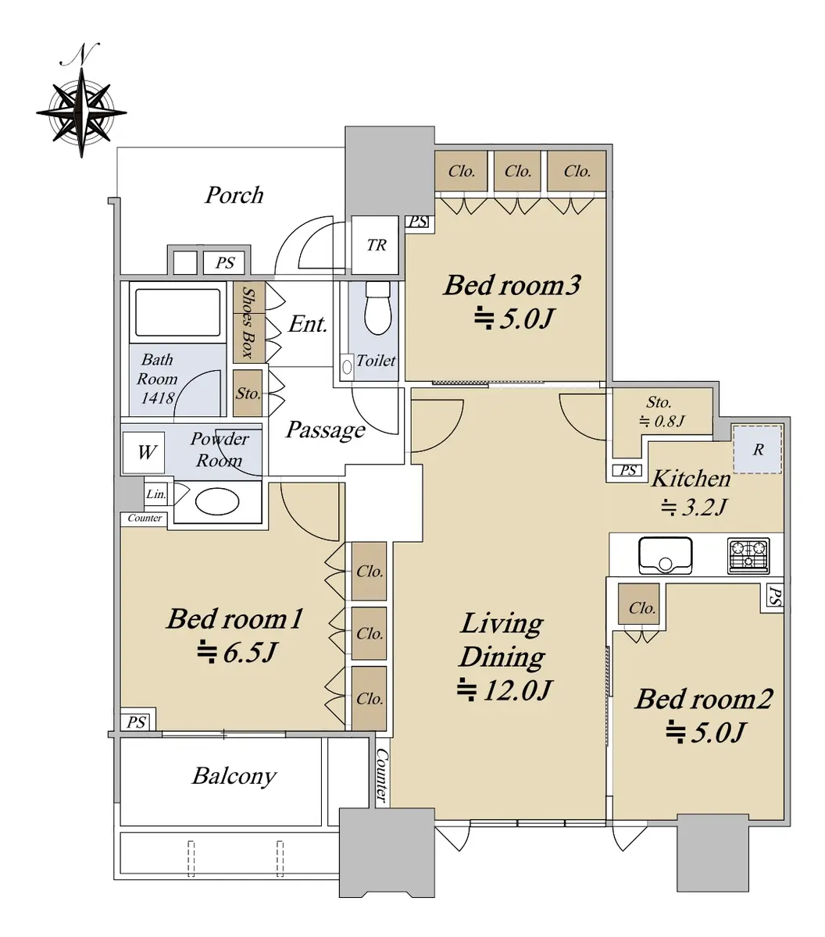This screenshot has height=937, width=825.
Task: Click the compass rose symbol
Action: pyautogui.click(x=81, y=112)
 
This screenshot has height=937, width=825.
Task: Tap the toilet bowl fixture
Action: pyautogui.click(x=378, y=308)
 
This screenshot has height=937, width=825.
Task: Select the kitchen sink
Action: pyautogui.click(x=665, y=555)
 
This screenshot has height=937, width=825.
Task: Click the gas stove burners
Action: pyautogui.click(x=748, y=555)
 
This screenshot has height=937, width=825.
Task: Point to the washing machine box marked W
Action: pyautogui.click(x=144, y=452)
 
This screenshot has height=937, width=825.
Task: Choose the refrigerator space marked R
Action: pyautogui.click(x=758, y=449)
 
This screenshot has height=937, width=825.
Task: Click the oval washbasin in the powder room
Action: pyautogui.click(x=217, y=502)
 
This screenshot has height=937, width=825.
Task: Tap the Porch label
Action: pyautogui.click(x=234, y=194)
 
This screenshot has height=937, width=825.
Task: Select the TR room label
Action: pyautogui.click(x=377, y=244)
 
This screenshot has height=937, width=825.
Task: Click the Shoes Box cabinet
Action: pyautogui.click(x=248, y=322)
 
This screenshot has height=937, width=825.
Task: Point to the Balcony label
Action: pyautogui.click(x=234, y=777)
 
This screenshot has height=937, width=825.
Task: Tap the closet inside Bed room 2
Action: pyautogui.click(x=638, y=604)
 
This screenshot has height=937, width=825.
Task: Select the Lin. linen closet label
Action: pyautogui.click(x=156, y=494)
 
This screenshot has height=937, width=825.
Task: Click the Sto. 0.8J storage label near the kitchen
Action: pyautogui.click(x=661, y=411)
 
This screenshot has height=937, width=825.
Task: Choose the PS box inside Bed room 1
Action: pyautogui.click(x=137, y=722)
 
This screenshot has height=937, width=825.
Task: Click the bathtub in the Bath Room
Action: pyautogui.click(x=177, y=312)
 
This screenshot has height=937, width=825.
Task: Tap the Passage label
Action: pyautogui.click(x=325, y=429)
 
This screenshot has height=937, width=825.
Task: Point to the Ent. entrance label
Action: pyautogui.click(x=308, y=324)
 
